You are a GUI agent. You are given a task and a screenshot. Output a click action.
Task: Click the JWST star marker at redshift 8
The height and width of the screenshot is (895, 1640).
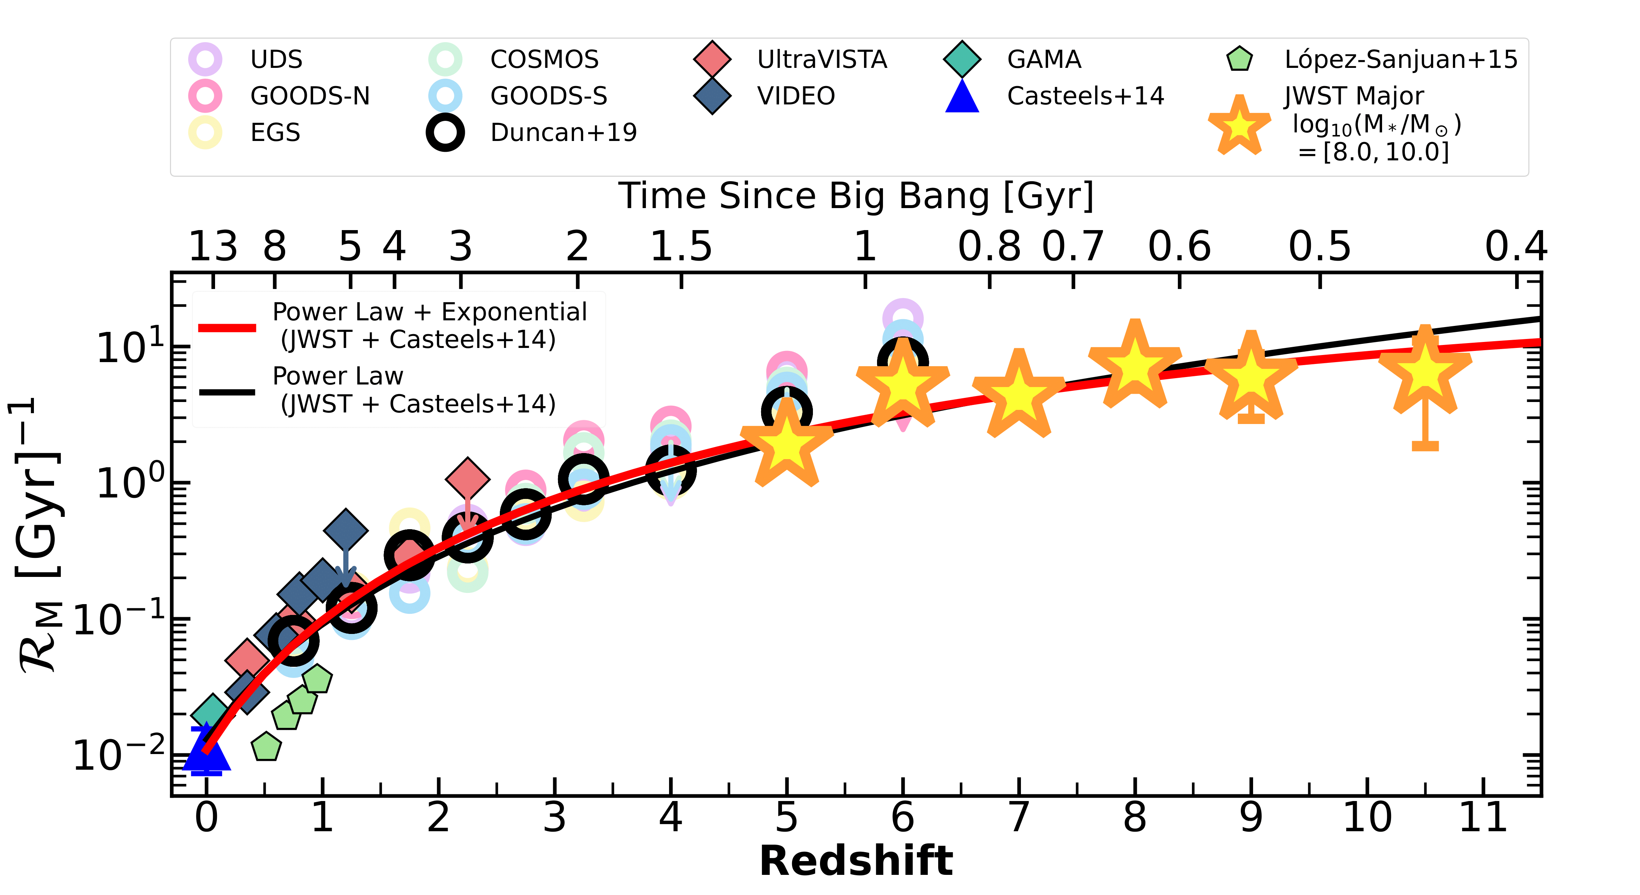click(x=1135, y=366)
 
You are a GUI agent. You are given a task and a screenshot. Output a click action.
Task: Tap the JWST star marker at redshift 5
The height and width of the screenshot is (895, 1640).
click(x=787, y=445)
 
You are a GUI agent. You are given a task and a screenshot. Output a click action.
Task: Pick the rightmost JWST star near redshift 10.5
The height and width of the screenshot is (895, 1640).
click(x=1425, y=372)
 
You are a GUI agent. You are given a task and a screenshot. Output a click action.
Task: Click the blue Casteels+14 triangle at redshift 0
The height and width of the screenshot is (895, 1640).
click(x=206, y=752)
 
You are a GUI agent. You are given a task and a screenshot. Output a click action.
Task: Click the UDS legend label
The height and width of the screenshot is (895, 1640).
click(x=276, y=59)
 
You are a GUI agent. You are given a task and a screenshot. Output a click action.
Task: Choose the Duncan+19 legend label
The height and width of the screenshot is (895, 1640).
click(x=564, y=132)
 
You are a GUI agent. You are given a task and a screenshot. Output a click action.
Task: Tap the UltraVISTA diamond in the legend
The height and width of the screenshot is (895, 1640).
click(x=712, y=59)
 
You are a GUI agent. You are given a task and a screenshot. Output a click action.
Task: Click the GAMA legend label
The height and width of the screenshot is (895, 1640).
click(x=1044, y=59)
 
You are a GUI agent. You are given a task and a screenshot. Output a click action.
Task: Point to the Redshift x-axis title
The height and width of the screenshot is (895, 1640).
click(x=856, y=861)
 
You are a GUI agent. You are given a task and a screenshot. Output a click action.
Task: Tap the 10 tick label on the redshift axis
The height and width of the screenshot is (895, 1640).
click(x=1367, y=817)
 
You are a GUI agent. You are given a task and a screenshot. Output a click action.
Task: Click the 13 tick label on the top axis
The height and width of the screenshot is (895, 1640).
click(x=212, y=246)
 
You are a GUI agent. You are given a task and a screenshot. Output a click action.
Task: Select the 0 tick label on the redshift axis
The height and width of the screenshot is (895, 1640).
click(x=206, y=817)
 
